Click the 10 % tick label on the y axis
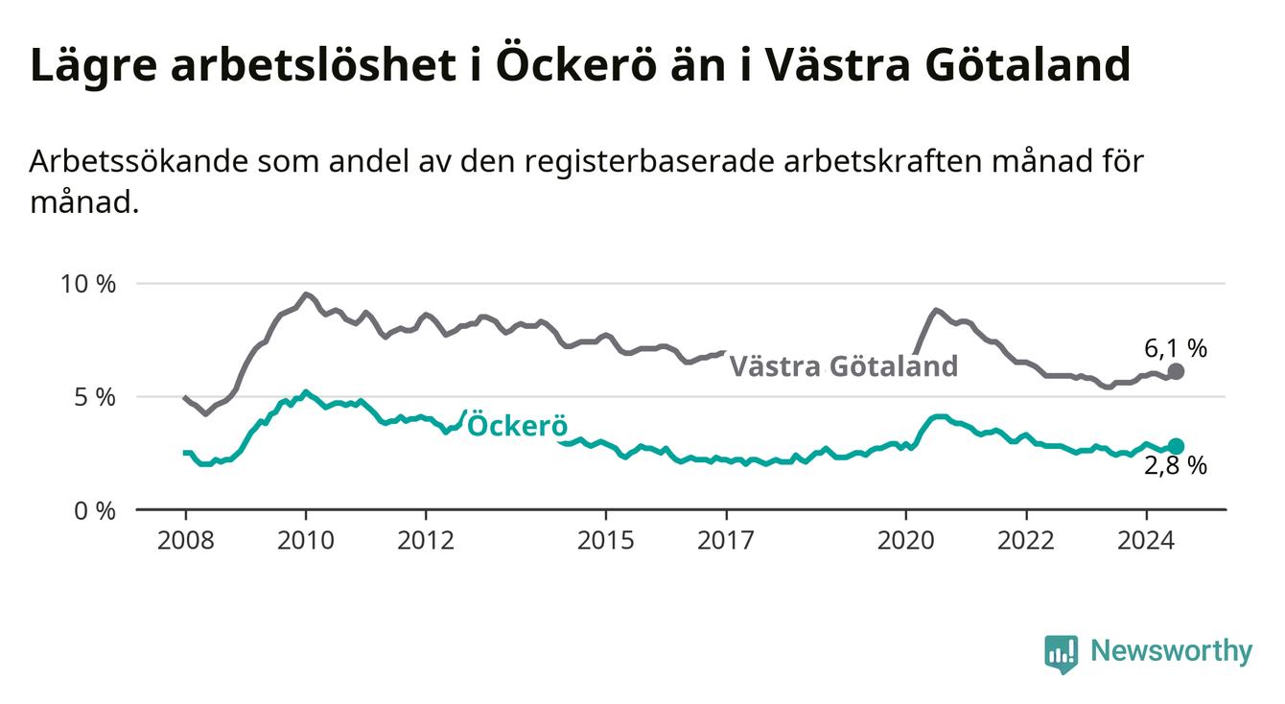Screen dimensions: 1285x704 click(x=88, y=284)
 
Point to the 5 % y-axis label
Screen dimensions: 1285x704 click(x=95, y=397)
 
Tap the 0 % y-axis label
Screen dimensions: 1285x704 click(x=95, y=510)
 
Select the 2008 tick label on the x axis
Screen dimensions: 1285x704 click(x=185, y=541)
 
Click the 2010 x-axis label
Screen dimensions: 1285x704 click(x=306, y=541)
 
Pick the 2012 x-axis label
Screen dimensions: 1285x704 click(x=426, y=541)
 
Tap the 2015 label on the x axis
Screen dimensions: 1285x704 click(x=606, y=541)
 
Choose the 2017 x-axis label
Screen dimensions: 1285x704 click(x=726, y=541)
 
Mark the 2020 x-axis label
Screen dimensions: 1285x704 click(x=906, y=541)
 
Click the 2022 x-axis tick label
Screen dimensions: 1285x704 click(x=1026, y=541)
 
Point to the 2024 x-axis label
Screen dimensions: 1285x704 click(x=1146, y=541)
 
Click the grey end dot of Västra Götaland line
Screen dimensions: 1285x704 click(x=1176, y=372)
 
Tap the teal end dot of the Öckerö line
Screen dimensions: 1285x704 click(x=1176, y=446)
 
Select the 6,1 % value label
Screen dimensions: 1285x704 click(x=1176, y=348)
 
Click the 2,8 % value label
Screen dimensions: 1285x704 click(x=1176, y=465)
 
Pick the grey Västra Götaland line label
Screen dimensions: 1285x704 click(x=844, y=366)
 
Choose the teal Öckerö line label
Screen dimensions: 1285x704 click(x=518, y=426)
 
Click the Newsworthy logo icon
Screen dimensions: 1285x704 click(x=1062, y=654)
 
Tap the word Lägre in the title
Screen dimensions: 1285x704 click(x=94, y=66)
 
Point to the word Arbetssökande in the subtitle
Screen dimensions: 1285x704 click(x=139, y=162)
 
